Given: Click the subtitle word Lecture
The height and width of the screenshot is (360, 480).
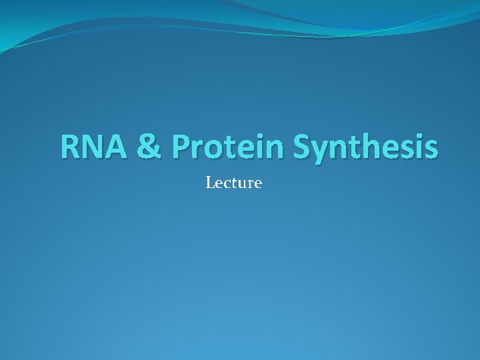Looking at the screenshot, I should coord(233,182).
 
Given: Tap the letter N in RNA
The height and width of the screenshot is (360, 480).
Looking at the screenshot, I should coord(95,147).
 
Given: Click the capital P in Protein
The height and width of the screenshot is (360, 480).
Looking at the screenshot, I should coord(181,147).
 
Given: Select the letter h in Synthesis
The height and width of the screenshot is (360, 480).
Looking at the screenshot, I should coord(371,147).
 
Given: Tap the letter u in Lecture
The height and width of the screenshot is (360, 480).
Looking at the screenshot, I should coord(241,183).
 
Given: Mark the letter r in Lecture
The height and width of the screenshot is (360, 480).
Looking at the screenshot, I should coord(249,183).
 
